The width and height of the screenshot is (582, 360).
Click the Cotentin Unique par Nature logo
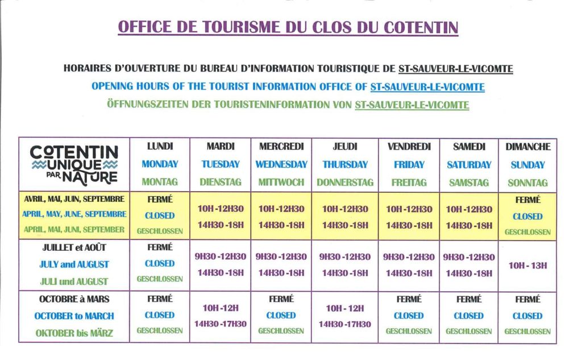[x=74, y=164]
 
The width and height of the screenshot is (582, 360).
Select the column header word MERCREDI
[x=281, y=146]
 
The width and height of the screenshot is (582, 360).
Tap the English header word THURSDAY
[x=345, y=164]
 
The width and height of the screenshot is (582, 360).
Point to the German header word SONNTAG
[x=528, y=183]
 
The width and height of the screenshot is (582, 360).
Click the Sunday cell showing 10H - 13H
[x=527, y=265]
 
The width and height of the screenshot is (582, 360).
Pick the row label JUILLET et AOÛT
[x=74, y=248]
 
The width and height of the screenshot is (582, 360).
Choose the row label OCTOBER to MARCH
[x=74, y=316]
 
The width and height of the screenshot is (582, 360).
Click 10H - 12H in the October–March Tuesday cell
[x=221, y=308]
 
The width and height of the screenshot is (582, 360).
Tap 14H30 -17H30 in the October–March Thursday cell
[x=345, y=324]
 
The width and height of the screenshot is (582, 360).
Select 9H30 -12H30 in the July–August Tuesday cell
[x=221, y=256]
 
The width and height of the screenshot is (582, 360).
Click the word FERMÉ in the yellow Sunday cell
[x=527, y=200]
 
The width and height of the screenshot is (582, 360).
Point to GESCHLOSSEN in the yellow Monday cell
[x=160, y=231]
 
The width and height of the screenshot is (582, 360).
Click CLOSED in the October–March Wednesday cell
[x=281, y=315]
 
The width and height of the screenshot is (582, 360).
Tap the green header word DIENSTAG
[x=221, y=183]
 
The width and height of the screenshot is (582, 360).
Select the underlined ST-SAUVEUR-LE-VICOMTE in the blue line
[x=427, y=87]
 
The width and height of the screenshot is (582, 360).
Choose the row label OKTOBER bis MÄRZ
[x=74, y=333]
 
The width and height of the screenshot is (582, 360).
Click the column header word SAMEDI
[x=469, y=146]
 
